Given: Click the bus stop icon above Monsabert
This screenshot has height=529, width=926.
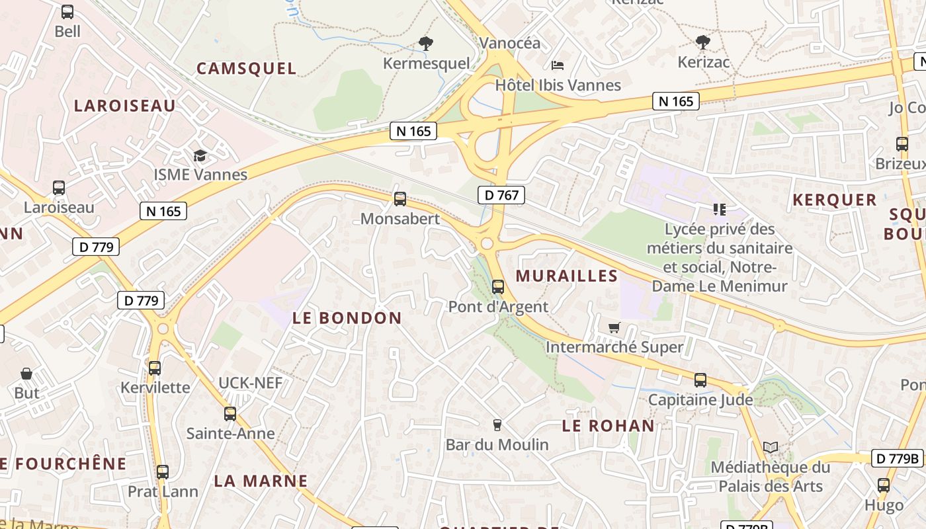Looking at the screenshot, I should coord(400,199).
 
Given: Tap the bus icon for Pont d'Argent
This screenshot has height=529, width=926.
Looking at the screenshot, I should coord(498,287).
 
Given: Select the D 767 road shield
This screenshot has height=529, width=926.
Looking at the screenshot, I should coord(501,195).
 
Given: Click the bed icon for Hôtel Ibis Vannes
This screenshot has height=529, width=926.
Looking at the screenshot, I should coord(558,65).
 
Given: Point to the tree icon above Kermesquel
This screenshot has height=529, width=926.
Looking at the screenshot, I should coord(426,44).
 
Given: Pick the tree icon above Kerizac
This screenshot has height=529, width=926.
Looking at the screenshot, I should coord(703,43).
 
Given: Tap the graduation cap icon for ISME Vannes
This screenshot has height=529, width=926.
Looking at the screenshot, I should coord(200,156).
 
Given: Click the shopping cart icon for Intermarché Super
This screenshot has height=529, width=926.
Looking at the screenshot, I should coord(614,327).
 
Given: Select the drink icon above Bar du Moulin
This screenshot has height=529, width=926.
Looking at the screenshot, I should coord(497,425).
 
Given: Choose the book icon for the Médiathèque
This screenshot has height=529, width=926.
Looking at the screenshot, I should coord(770,448).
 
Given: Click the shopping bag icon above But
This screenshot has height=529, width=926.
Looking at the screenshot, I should coord(26,374).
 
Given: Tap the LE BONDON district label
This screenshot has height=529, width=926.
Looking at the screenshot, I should coord(347,318).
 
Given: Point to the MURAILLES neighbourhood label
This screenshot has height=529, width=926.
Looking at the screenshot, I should coord(567,276).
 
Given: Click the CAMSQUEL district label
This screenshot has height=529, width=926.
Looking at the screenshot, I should coord(246,69).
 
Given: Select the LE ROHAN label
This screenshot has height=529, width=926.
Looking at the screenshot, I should coord(608,426).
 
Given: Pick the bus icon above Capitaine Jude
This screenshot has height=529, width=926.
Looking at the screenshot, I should coord(700,380).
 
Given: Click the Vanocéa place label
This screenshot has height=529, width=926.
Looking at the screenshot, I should coord(509,44).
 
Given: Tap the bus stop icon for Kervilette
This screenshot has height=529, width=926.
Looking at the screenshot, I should coord(154,368).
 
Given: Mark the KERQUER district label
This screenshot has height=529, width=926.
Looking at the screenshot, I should coord(834,200).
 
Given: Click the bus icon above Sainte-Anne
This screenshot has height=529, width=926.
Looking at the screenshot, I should coord(230,414).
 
